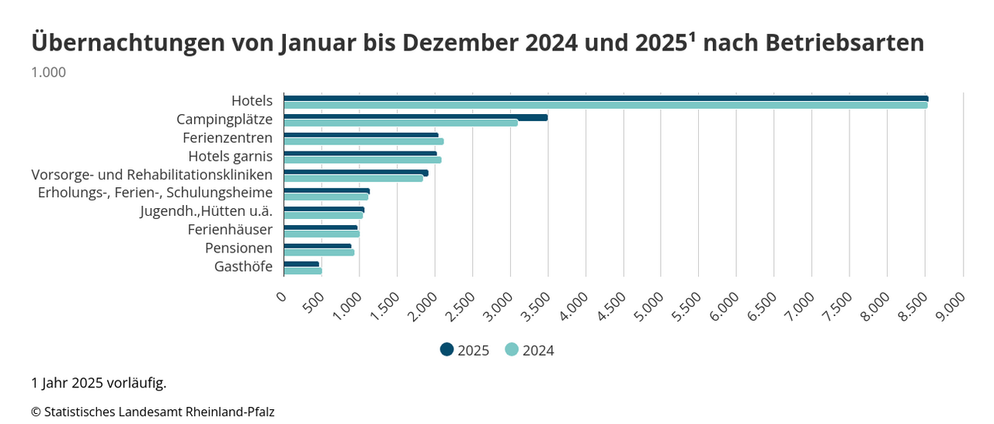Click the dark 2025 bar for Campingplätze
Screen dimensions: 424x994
415,117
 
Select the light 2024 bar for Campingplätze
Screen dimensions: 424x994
401,123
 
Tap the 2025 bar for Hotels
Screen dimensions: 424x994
606,99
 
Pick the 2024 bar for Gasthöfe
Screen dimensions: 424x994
303,271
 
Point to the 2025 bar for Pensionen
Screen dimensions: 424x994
318,246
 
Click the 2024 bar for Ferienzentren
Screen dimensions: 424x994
363,141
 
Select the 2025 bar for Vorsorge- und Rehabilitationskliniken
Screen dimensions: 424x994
356,172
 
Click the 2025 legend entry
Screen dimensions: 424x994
464,350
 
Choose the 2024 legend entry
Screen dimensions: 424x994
530,350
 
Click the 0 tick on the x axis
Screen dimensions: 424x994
281,296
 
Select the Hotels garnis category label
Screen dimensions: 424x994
231,157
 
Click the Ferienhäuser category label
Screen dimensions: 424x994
230,230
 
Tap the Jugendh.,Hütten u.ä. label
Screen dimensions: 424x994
207,211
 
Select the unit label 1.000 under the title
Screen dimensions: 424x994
48,72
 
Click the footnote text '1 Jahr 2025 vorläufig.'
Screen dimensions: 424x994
99,383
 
